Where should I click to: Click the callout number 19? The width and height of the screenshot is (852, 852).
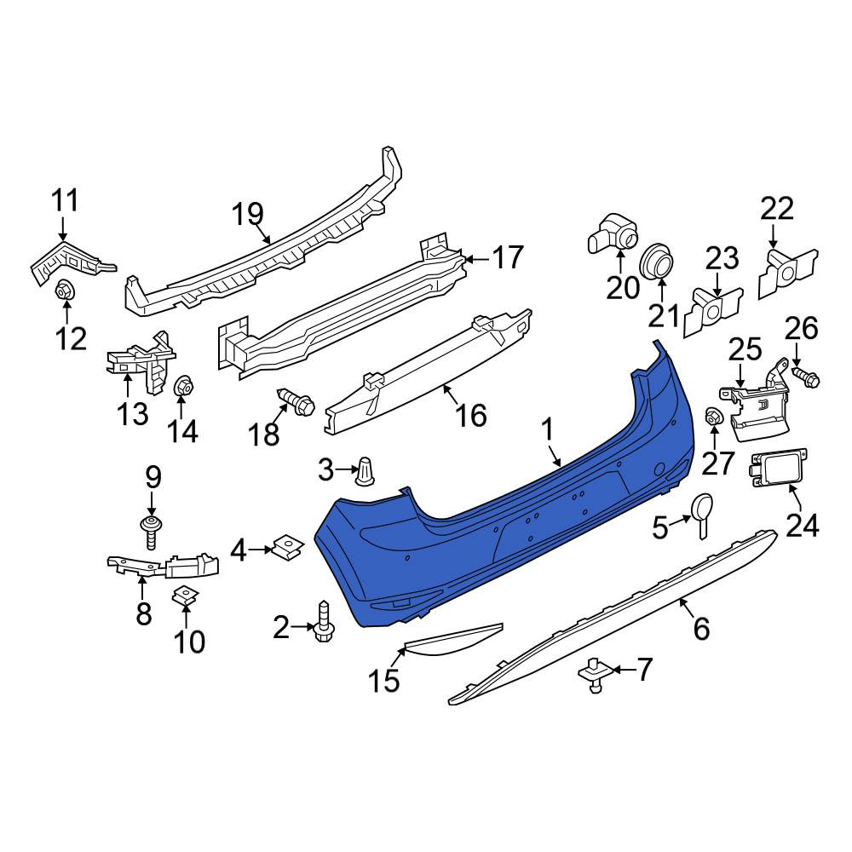tap(248, 215)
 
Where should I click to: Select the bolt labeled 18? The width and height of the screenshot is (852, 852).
tap(296, 402)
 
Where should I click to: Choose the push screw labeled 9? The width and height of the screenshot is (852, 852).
tap(151, 532)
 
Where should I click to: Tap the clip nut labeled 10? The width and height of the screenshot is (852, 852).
tap(185, 596)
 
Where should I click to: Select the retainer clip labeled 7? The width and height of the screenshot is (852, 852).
tap(596, 674)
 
